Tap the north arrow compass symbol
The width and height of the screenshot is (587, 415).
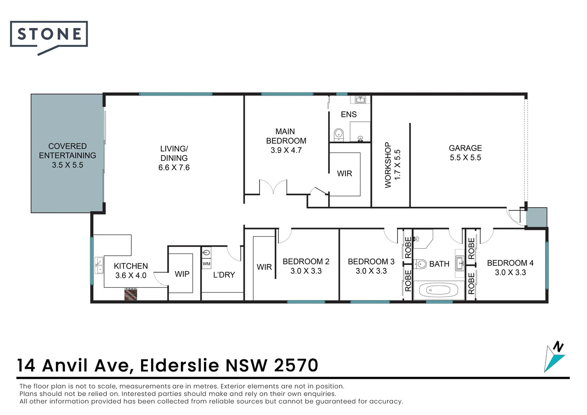click(x=554, y=357)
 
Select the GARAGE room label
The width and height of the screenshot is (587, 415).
click(x=465, y=148)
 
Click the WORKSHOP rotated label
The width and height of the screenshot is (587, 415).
click(x=388, y=165)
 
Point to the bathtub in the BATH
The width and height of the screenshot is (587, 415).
click(x=438, y=290)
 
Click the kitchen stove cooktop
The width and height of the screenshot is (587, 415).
click(x=131, y=294)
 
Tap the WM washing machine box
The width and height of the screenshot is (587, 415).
click(x=206, y=264)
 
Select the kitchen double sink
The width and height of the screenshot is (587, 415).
click(x=99, y=265)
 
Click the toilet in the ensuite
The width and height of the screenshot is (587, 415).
click(x=338, y=134)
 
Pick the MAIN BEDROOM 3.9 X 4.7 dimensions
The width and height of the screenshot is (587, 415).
click(x=286, y=150)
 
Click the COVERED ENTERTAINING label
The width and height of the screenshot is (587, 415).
click(x=68, y=151)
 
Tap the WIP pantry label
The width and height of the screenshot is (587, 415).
click(x=182, y=274)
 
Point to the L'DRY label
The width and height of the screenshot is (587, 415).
click(x=224, y=275)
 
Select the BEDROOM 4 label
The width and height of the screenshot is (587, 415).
click(x=510, y=263)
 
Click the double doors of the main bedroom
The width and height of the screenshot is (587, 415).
click(x=273, y=187)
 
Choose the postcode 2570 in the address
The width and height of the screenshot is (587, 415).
click(x=296, y=365)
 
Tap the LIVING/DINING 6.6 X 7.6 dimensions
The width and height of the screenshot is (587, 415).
click(x=174, y=168)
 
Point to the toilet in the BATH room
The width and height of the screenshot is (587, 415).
click(x=421, y=264)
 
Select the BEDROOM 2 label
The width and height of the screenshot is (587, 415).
click(x=306, y=262)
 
